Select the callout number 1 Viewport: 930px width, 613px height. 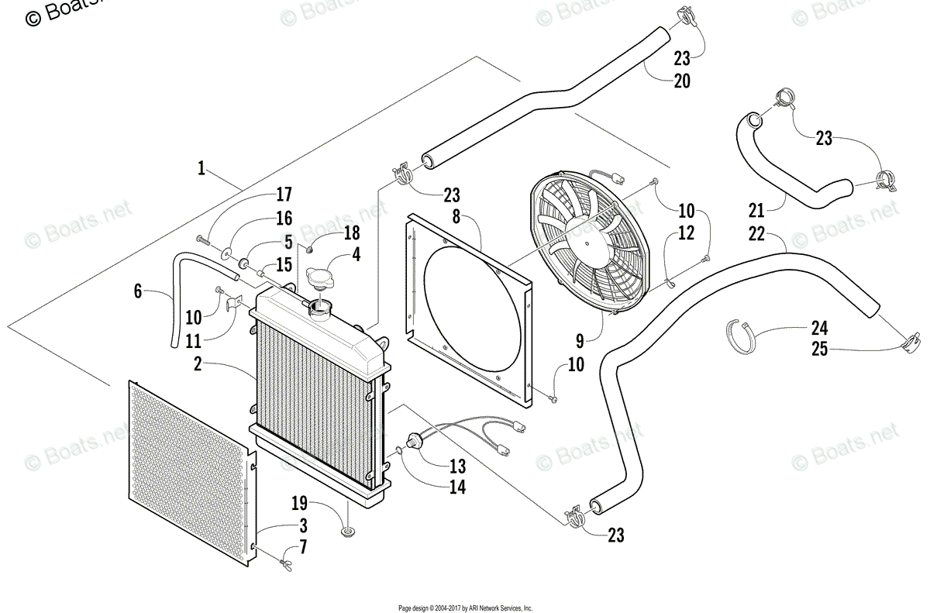pyautogui.click(x=201, y=168)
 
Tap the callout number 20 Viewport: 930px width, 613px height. pyautogui.click(x=682, y=81)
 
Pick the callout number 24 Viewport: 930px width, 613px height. pyautogui.click(x=819, y=327)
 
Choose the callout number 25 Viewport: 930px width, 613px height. pyautogui.click(x=819, y=350)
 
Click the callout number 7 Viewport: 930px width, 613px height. pyautogui.click(x=303, y=547)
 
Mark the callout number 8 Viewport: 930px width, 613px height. pyautogui.click(x=456, y=217)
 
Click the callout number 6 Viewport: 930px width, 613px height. pyautogui.click(x=138, y=291)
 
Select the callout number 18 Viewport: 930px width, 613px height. pyautogui.click(x=351, y=232)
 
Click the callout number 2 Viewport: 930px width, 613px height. pyautogui.click(x=198, y=363)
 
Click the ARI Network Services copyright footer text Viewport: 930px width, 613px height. pyautogui.click(x=465, y=608)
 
